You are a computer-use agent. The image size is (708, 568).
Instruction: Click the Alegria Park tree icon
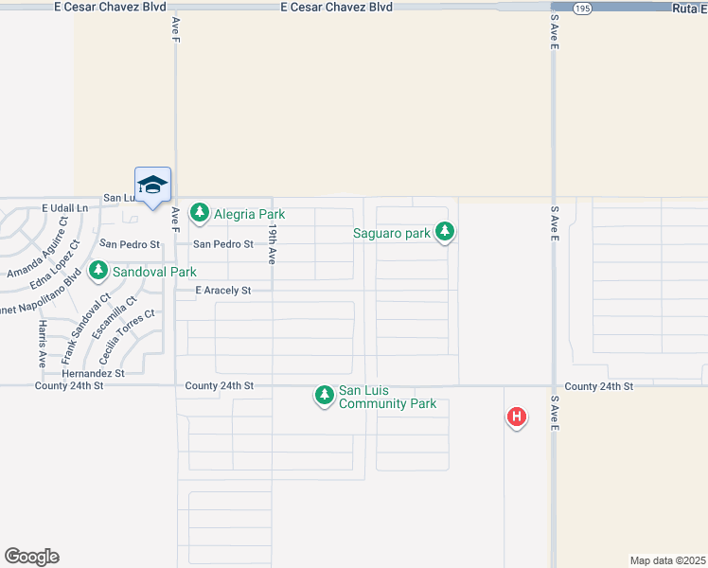[199, 213]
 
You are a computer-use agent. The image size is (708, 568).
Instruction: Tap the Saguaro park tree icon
[445, 232]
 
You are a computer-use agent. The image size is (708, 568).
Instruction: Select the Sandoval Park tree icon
[98, 272]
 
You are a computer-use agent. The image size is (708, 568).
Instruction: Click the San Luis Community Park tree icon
[325, 396]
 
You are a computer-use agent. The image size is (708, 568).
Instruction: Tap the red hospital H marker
[516, 416]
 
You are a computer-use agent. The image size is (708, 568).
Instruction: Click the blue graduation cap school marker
[151, 184]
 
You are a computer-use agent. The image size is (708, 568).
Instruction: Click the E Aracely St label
[222, 291]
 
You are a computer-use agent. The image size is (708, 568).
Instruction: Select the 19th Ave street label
[272, 243]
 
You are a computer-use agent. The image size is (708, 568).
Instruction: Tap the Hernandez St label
[93, 374]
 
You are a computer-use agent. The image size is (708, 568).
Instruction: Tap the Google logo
[31, 557]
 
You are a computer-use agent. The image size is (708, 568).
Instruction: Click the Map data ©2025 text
[668, 560]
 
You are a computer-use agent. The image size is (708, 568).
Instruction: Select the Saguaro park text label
[392, 233]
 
